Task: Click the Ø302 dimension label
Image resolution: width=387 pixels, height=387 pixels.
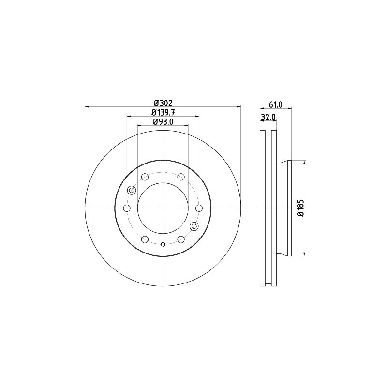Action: coord(163,103)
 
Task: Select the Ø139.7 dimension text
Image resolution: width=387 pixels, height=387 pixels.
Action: coord(163,112)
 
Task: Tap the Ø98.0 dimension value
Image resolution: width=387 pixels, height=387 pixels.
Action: coord(163,122)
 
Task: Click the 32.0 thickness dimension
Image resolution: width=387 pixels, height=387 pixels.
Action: coord(268,117)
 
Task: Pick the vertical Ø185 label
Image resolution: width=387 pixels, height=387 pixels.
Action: coord(300,208)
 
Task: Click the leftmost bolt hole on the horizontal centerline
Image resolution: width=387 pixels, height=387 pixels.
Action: coord(127,208)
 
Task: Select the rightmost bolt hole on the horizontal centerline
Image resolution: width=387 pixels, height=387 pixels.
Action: coord(199,208)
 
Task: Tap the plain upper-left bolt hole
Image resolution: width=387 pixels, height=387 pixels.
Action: coord(145,177)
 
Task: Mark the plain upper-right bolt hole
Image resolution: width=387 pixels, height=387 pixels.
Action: coord(181,177)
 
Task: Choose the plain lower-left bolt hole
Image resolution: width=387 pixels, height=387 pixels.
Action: coord(145,239)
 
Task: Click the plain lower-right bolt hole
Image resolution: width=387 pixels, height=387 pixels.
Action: coord(181,239)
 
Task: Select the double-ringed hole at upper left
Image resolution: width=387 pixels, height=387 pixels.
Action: coord(131,190)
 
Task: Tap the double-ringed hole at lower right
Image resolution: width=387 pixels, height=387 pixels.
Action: coord(194,226)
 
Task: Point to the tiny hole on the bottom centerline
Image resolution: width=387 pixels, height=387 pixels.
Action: coord(163,244)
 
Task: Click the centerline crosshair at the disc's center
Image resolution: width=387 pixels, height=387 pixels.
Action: coord(163,208)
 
